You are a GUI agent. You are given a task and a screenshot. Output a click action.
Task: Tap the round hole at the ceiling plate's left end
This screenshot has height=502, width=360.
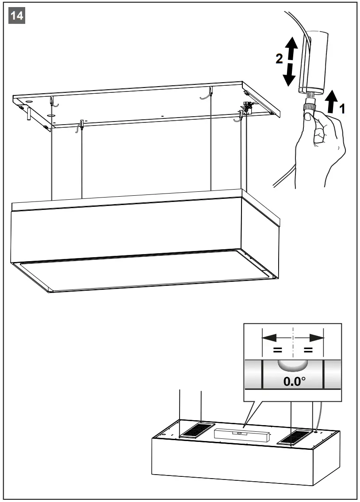(x=29, y=101)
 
